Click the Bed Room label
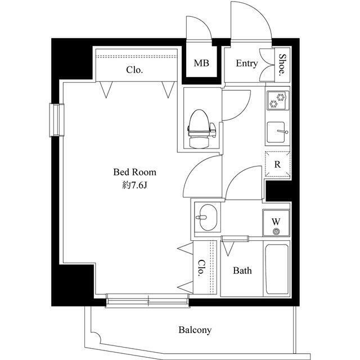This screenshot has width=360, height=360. (x=135, y=172)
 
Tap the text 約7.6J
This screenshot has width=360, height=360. (x=134, y=185)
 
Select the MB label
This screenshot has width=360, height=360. (x=201, y=63)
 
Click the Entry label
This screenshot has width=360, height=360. (x=247, y=64)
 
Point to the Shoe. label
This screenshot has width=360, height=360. (x=282, y=65)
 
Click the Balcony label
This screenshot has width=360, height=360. (x=195, y=330)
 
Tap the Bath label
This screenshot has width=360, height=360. (x=242, y=271)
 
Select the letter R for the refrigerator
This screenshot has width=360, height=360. (x=277, y=164)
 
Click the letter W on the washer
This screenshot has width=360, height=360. (x=276, y=222)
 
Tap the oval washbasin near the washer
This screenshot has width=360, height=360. (x=208, y=217)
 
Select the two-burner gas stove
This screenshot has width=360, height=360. (x=277, y=100)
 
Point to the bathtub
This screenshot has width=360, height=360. (x=277, y=269)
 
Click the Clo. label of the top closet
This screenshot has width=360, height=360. (x=134, y=70)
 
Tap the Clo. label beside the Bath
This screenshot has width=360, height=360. (x=201, y=268)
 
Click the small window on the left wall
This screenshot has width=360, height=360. (x=57, y=120)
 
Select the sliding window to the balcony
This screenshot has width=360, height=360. (x=147, y=300)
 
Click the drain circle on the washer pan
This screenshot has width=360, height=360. (x=276, y=231)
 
